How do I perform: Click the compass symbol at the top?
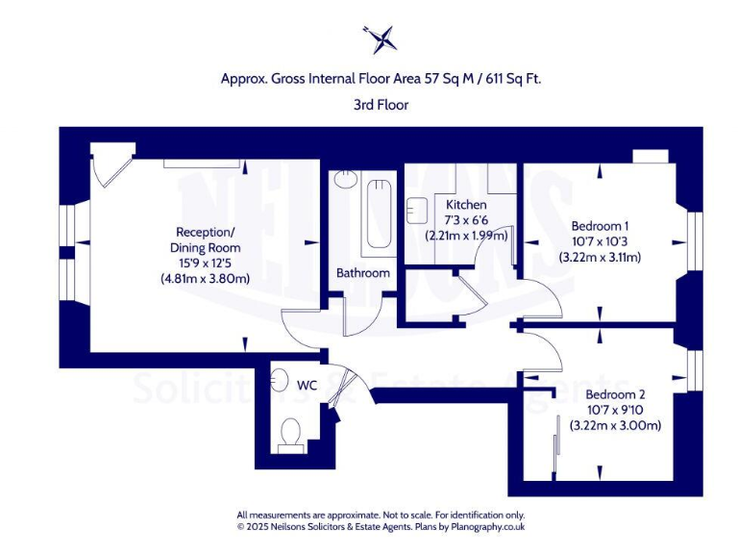(x=381, y=38)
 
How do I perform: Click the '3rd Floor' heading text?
(x=381, y=105)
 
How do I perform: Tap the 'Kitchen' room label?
(x=466, y=205)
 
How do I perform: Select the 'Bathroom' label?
(x=362, y=273)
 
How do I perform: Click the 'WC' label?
(x=307, y=385)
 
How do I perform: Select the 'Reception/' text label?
(x=205, y=232)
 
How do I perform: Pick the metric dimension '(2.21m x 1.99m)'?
(x=466, y=236)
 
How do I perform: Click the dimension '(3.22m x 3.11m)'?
(x=600, y=257)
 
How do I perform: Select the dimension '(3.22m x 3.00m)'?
(x=615, y=425)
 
